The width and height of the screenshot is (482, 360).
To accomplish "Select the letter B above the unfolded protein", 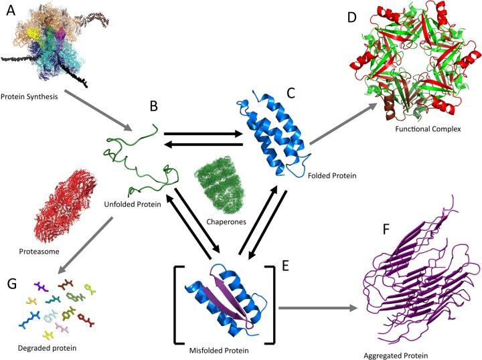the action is point(154,105).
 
